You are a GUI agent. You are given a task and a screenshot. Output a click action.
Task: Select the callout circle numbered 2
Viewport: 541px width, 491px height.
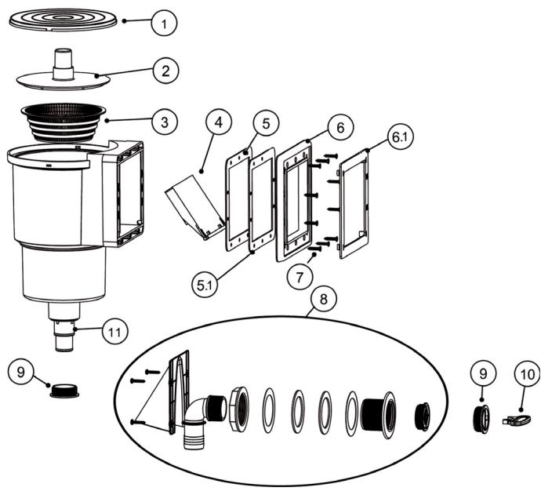pos(164,71)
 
